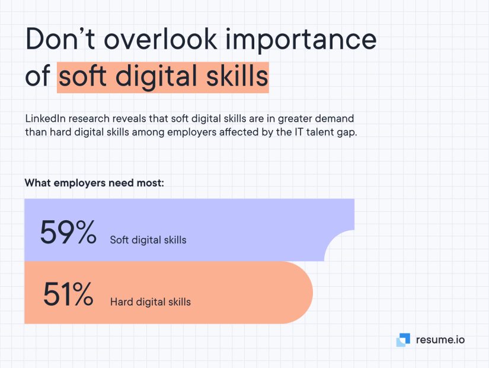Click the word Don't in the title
60,39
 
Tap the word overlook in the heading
160,39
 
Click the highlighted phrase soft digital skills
163,77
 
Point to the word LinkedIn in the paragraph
45,119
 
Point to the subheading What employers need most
94,183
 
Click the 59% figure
68,232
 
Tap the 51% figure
68,294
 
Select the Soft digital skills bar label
148,240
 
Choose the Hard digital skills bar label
151,302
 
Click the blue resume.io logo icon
403,340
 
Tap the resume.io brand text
440,340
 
